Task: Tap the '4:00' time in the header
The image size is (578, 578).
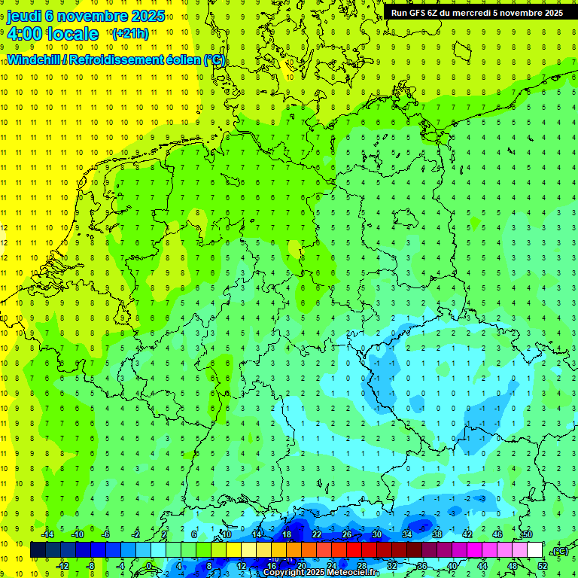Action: click(23, 34)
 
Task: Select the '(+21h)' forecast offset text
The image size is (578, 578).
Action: click(129, 34)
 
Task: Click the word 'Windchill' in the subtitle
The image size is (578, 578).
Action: click(33, 60)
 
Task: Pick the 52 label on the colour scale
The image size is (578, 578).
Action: click(543, 566)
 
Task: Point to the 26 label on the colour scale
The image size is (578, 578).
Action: click(347, 534)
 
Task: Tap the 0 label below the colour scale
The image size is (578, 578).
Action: click(149, 566)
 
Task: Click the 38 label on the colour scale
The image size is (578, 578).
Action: click(437, 534)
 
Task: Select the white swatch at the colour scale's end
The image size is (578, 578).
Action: click(534, 550)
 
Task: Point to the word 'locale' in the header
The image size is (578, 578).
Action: click(73, 34)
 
